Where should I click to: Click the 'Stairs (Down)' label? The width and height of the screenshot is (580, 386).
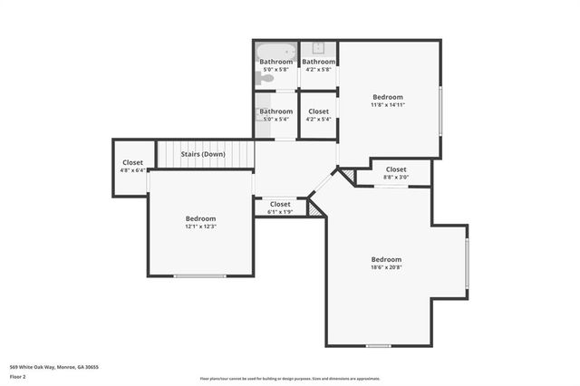[203, 154]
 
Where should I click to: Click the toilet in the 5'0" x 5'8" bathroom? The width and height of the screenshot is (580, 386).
[264, 79]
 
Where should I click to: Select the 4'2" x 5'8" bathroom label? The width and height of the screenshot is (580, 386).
[319, 62]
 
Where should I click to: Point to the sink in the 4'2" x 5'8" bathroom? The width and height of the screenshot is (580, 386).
[319, 48]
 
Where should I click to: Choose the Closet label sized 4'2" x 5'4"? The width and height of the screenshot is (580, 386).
[318, 111]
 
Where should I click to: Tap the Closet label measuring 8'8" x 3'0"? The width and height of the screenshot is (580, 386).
[396, 169]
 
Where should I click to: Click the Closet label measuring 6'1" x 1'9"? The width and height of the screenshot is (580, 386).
[280, 204]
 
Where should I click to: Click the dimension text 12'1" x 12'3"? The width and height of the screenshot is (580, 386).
[200, 227]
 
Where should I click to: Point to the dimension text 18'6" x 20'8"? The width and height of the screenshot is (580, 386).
[386, 267]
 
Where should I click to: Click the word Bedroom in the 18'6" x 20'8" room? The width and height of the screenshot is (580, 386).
[386, 259]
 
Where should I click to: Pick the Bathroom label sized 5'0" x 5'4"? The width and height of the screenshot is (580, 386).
[276, 111]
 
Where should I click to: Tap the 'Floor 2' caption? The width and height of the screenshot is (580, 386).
[18, 377]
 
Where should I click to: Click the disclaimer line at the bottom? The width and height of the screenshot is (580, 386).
[290, 379]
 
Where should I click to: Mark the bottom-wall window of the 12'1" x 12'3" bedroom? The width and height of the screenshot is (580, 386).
[200, 276]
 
